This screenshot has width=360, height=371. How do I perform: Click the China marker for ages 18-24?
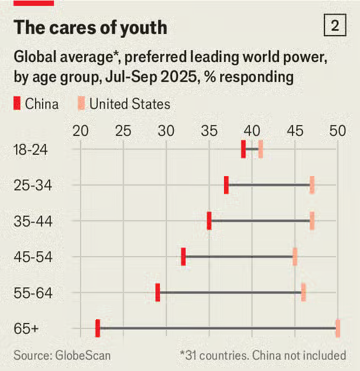click(243, 149)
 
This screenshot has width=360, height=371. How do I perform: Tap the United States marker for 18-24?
click(261, 149)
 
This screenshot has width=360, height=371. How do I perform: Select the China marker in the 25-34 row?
click(226, 185)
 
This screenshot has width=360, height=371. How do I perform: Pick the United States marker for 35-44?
click(312, 221)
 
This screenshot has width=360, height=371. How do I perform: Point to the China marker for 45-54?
click(183, 257)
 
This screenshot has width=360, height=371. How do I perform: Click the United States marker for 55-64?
click(304, 292)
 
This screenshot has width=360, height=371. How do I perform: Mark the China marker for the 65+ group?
click(98, 328)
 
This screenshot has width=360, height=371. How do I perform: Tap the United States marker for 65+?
click(338, 328)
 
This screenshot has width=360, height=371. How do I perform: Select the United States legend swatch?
click(81, 104)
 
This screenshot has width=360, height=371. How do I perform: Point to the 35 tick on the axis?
click(209, 131)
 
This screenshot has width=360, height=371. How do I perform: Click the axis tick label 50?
click(338, 131)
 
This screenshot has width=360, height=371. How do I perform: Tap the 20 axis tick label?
click(80, 131)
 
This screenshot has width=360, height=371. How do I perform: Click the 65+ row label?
click(26, 329)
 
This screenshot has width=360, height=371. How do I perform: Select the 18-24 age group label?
click(31, 150)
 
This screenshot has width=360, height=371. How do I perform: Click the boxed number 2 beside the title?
click(335, 26)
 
